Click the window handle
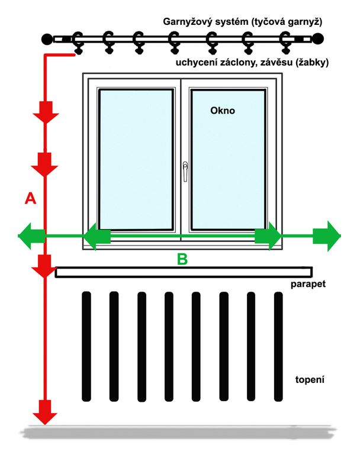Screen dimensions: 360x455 [x=185, y=172]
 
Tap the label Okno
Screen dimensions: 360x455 [x=223, y=111]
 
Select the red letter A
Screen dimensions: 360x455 [x=30, y=199]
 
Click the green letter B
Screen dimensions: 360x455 [x=182, y=259]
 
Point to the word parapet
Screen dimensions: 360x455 [x=308, y=283]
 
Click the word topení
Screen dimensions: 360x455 [x=310, y=379]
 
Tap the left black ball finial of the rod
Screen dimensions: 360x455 [x=47, y=39]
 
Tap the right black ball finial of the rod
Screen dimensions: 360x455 [x=317, y=38]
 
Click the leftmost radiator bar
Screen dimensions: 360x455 [x=86, y=347]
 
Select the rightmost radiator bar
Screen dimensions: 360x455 [x=278, y=347]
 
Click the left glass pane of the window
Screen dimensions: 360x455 [x=136, y=159]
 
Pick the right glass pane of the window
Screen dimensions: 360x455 [x=228, y=160]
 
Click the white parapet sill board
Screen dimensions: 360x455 [x=184, y=272]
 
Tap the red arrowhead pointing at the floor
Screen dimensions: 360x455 [x=45, y=412]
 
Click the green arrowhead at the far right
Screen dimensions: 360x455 [x=327, y=236]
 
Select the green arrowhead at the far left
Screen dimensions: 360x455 [x=31, y=236]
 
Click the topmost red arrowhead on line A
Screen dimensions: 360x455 [x=46, y=112]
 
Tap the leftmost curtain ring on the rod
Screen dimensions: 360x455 [x=78, y=43]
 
